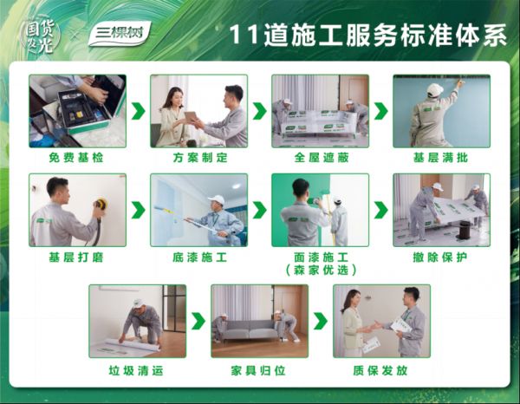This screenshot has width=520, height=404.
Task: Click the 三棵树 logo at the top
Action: (x=120, y=34)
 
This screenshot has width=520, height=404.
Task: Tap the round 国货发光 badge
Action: (x=41, y=36)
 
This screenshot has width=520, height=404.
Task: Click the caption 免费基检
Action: (x=76, y=157)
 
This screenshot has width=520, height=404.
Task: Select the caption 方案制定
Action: (x=200, y=157)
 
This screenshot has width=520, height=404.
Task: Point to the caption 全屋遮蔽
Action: (x=322, y=157)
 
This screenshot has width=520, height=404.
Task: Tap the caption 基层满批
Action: (x=440, y=157)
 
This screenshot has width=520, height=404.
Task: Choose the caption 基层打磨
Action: (x=76, y=257)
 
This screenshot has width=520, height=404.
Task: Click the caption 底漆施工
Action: (x=200, y=257)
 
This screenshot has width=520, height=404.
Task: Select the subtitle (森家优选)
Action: (x=321, y=270)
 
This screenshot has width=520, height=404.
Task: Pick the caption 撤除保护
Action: (x=440, y=257)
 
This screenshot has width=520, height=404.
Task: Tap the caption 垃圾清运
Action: (x=136, y=370)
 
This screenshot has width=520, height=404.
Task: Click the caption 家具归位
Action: (x=258, y=370)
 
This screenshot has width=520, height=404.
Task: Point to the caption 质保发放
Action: (x=380, y=370)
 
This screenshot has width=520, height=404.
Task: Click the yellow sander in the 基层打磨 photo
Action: (x=100, y=204)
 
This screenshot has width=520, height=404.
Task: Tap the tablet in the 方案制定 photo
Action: (x=192, y=117)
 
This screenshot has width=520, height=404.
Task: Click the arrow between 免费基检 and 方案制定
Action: (x=139, y=111)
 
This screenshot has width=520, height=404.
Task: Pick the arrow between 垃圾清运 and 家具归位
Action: (x=198, y=321)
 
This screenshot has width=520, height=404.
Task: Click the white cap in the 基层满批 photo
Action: (x=434, y=89)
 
